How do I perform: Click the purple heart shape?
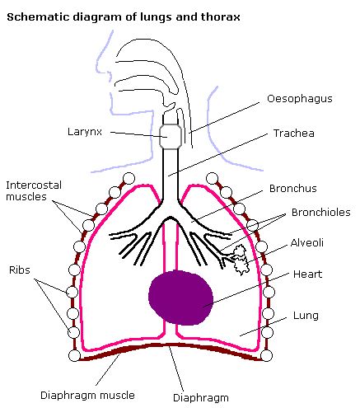click(180, 298)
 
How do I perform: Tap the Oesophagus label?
click(300, 99)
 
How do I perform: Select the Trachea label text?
click(294, 134)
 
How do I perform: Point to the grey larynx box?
click(171, 137)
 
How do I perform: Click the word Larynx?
click(85, 132)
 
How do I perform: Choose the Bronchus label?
click(293, 189)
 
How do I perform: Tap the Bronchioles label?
click(321, 213)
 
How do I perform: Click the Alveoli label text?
click(307, 243)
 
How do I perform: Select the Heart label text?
click(307, 274)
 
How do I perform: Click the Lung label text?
click(306, 316)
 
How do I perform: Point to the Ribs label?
click(20, 270)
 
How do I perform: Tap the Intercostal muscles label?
click(34, 191)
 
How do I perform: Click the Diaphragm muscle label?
click(87, 396)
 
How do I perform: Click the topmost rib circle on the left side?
click(129, 178)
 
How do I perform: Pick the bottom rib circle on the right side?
click(266, 355)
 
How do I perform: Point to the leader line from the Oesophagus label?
click(224, 118)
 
